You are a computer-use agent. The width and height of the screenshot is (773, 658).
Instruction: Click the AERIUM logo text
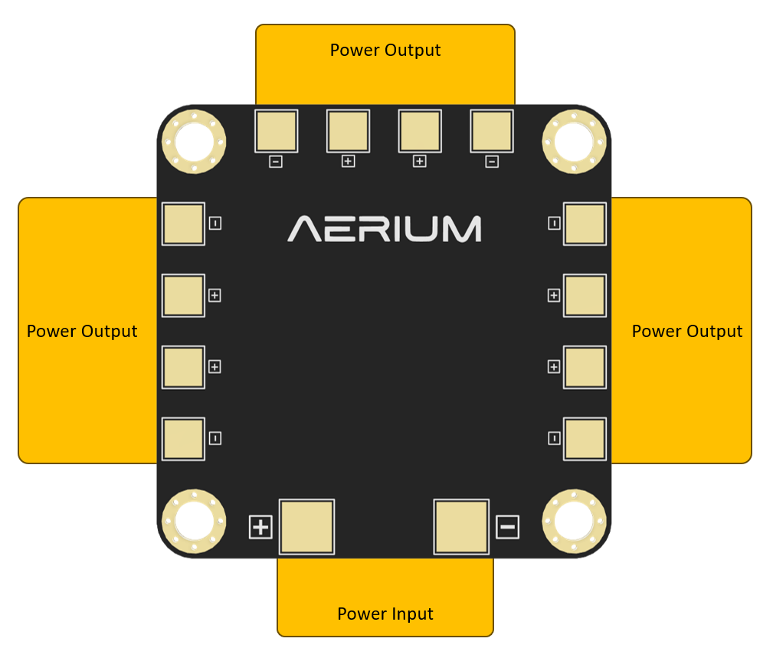tap(385, 229)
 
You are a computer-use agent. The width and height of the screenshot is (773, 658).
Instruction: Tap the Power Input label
tap(385, 614)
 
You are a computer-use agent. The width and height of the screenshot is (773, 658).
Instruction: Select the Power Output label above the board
tap(385, 51)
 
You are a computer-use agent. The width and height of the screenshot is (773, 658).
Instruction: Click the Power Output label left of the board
tap(82, 331)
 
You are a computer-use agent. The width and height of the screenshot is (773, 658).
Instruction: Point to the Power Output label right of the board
tap(687, 331)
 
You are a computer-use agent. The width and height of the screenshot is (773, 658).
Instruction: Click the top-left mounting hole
tap(193, 141)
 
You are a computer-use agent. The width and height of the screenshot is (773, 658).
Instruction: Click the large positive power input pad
tap(306, 526)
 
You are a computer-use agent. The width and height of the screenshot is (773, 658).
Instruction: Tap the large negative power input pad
tap(461, 526)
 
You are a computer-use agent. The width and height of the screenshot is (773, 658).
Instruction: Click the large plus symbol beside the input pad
tap(260, 527)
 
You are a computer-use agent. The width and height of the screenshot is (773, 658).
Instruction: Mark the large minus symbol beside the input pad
tap(507, 527)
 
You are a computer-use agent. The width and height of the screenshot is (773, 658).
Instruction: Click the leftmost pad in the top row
tap(276, 130)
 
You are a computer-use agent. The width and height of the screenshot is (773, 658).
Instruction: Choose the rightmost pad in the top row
tap(492, 130)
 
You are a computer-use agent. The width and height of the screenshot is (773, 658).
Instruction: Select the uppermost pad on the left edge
tap(183, 224)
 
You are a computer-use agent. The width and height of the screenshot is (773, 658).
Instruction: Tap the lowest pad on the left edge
tap(183, 438)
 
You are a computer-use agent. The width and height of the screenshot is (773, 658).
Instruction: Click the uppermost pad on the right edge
tap(585, 224)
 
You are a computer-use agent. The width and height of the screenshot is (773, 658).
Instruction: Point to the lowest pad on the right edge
tap(585, 438)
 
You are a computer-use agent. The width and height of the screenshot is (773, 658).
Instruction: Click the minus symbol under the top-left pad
tap(276, 162)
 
